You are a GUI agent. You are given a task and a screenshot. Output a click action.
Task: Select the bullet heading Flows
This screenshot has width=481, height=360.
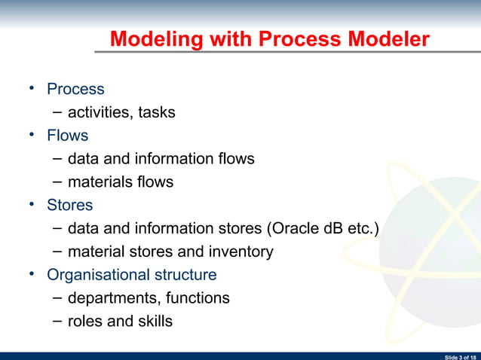click(67, 136)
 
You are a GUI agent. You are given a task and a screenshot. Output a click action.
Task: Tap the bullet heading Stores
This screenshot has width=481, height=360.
click(69, 205)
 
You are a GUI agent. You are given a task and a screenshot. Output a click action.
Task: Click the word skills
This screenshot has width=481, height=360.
click(152, 322)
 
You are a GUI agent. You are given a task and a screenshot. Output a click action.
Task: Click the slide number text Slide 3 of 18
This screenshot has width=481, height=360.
click(460, 355)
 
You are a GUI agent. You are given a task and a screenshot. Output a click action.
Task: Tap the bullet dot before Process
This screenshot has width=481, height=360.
click(32, 89)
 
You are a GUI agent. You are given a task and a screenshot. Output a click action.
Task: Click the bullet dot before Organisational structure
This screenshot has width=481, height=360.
click(32, 274)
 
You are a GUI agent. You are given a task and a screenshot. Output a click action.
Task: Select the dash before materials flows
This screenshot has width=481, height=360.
click(58, 182)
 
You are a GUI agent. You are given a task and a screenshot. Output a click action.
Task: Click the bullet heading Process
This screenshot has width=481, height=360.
click(75, 89)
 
